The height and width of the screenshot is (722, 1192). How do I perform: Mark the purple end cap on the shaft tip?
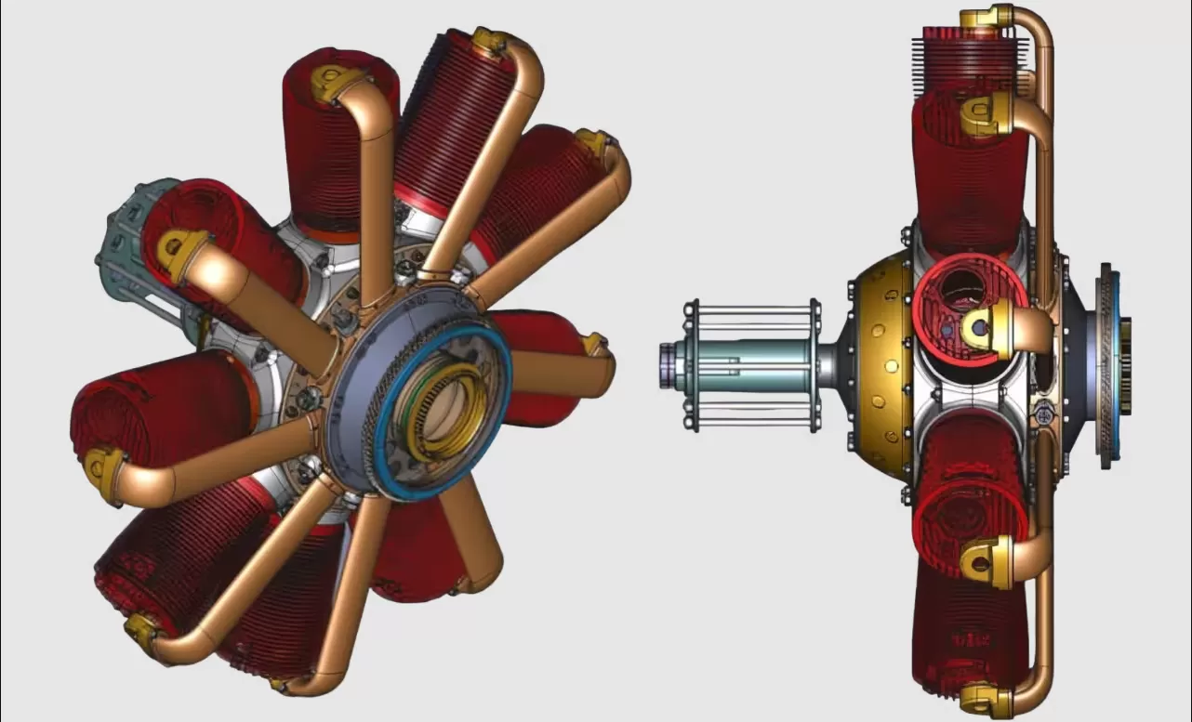point(666,363)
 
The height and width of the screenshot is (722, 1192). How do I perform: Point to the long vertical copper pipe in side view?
point(1047,186)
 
